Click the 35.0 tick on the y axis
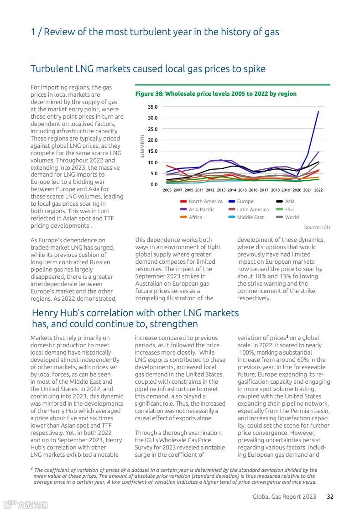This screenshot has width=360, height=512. click(152, 107)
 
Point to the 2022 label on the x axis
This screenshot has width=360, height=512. click(318, 190)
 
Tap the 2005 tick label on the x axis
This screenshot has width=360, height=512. click(167, 190)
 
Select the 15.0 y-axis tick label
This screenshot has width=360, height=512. click(152, 151)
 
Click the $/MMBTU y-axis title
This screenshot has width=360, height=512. click(142, 146)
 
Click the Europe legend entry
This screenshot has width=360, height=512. click(245, 201)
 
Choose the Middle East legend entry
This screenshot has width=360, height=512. click(250, 217)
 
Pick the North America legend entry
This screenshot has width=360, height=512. click(205, 201)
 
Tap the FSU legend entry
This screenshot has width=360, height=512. click(289, 209)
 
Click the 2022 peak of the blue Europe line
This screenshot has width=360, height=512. click(318, 111)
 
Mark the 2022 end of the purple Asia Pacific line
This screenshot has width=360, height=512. click(318, 152)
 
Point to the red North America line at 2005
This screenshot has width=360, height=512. click(167, 166)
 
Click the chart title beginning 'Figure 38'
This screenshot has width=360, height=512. click(216, 94)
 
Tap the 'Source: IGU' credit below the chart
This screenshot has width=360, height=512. click(317, 227)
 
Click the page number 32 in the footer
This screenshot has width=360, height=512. click(330, 496)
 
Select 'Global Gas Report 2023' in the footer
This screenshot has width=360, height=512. click(284, 496)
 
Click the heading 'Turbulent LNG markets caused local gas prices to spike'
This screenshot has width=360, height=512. click(148, 69)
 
